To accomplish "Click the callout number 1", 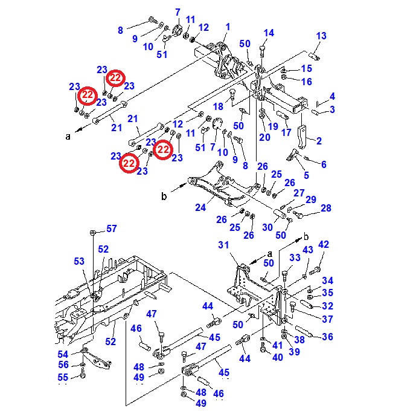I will click(x=228, y=27).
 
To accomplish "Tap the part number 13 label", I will click(x=321, y=36).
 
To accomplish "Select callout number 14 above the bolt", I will click(x=269, y=33).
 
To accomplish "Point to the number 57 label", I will click(x=112, y=228).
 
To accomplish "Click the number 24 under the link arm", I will click(x=200, y=208).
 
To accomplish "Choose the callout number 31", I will click(x=224, y=245).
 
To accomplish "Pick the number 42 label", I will click(x=324, y=245).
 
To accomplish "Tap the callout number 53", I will click(x=80, y=261).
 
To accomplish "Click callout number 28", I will click(x=326, y=209).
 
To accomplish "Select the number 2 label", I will click(x=319, y=141).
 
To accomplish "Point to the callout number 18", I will click(x=218, y=107).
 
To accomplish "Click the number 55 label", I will click(x=63, y=377).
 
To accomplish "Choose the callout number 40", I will click(x=277, y=357).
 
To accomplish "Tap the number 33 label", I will click(x=295, y=258).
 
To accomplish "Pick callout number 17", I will click(x=286, y=132).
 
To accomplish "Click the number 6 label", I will click(x=324, y=164).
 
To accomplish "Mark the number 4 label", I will click(x=332, y=97).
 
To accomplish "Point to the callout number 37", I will click(x=327, y=319).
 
